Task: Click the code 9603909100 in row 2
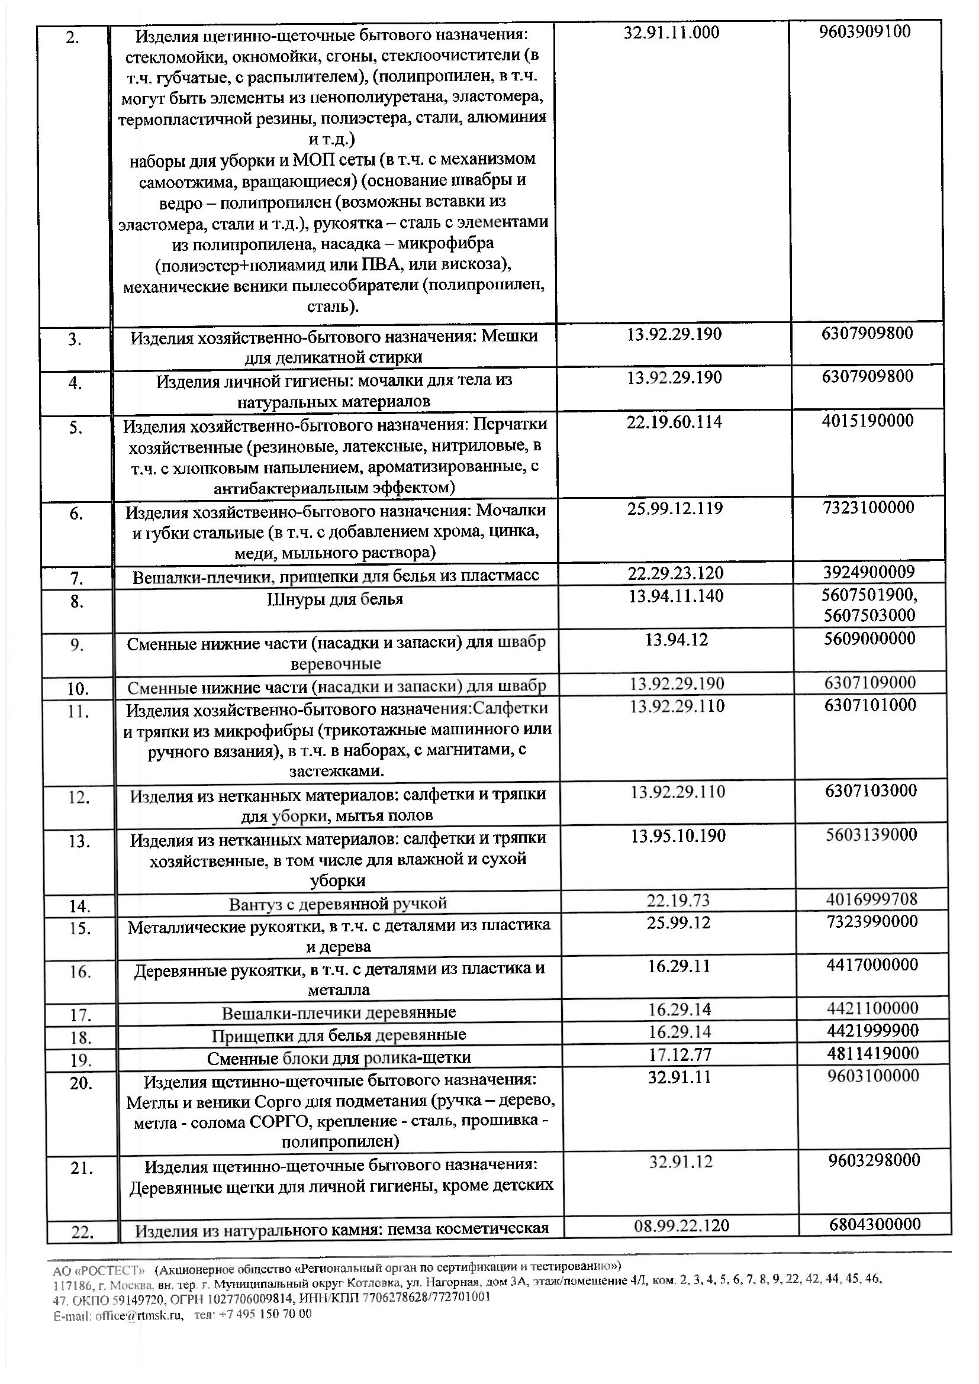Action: (x=864, y=32)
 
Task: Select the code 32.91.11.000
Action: (x=672, y=33)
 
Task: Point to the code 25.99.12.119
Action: (x=675, y=508)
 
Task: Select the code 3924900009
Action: (x=868, y=572)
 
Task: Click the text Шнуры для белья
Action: (x=335, y=599)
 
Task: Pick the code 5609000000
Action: (x=870, y=638)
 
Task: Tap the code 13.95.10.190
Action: (x=678, y=835)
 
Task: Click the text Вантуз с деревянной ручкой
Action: (x=337, y=904)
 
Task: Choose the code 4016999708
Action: (x=872, y=899)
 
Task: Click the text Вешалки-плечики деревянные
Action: (x=339, y=1012)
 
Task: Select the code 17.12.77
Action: (x=680, y=1054)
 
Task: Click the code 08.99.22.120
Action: (x=682, y=1225)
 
